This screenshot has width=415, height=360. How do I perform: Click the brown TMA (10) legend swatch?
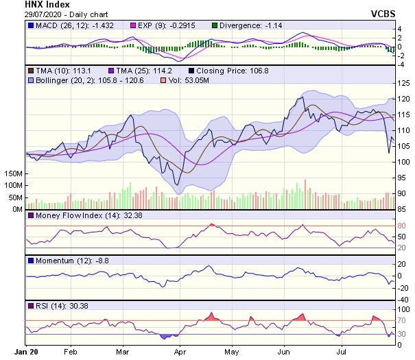(x=30, y=71)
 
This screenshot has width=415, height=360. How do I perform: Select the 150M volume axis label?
(x=12, y=174)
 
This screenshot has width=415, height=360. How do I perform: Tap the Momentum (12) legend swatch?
(x=30, y=261)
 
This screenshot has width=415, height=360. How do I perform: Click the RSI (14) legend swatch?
(x=30, y=305)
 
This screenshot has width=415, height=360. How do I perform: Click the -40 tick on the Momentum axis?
(x=403, y=300)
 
